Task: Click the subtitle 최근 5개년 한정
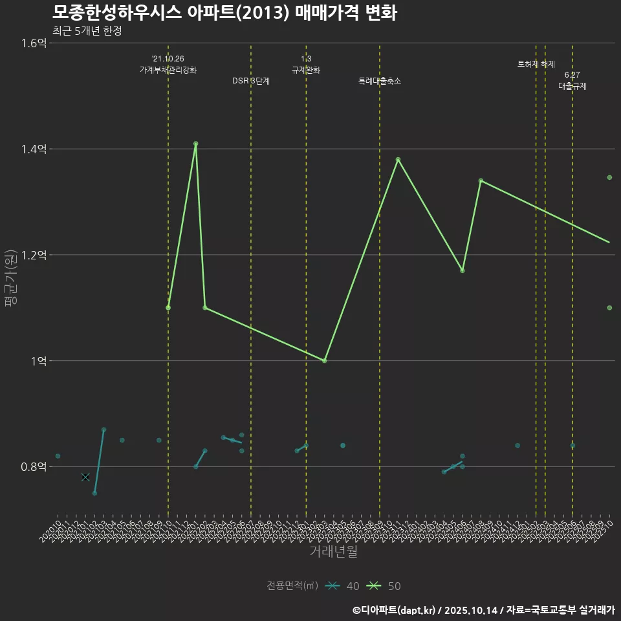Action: tap(87, 30)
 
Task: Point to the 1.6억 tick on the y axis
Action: tap(34, 43)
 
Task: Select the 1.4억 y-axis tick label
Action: tap(34, 149)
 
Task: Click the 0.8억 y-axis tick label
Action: tap(34, 467)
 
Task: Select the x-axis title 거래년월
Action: tap(333, 552)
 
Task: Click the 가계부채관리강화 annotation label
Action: tap(168, 70)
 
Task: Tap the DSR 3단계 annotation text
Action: tap(251, 81)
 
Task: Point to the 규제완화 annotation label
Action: tap(306, 70)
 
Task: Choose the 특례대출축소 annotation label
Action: tap(380, 81)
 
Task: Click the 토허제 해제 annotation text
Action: tap(536, 64)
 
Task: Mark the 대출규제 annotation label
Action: tap(572, 86)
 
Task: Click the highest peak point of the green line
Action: tap(195, 144)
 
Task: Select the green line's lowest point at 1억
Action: tap(324, 360)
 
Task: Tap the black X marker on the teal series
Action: tap(85, 477)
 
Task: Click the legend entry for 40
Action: tap(343, 586)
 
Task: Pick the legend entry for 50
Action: tap(384, 586)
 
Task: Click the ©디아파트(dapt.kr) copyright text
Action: tap(395, 610)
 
